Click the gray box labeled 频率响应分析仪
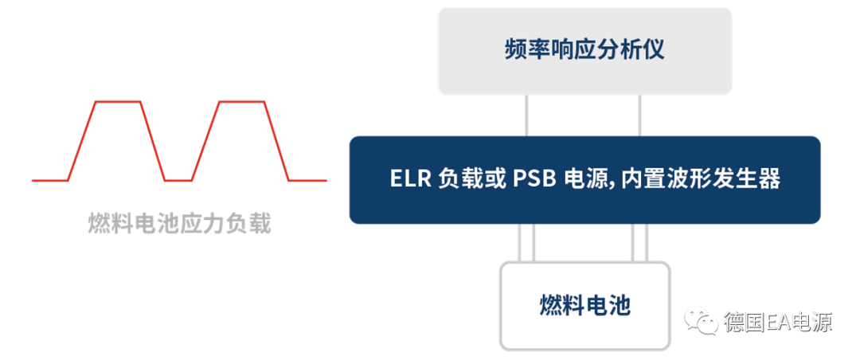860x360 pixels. pyautogui.click(x=584, y=51)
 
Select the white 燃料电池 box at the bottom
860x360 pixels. pyautogui.click(x=584, y=306)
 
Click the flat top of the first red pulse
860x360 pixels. pyautogui.click(x=119, y=102)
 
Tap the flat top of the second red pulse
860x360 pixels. pyautogui.click(x=241, y=102)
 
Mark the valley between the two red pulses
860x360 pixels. pyautogui.click(x=179, y=180)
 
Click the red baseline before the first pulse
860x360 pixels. pyautogui.click(x=49, y=180)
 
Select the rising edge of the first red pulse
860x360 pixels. pyautogui.click(x=82, y=141)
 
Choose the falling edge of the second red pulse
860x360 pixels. pyautogui.click(x=276, y=141)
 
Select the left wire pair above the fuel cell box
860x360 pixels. pyautogui.click(x=526, y=242)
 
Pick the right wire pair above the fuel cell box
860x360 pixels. pyautogui.click(x=640, y=242)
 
